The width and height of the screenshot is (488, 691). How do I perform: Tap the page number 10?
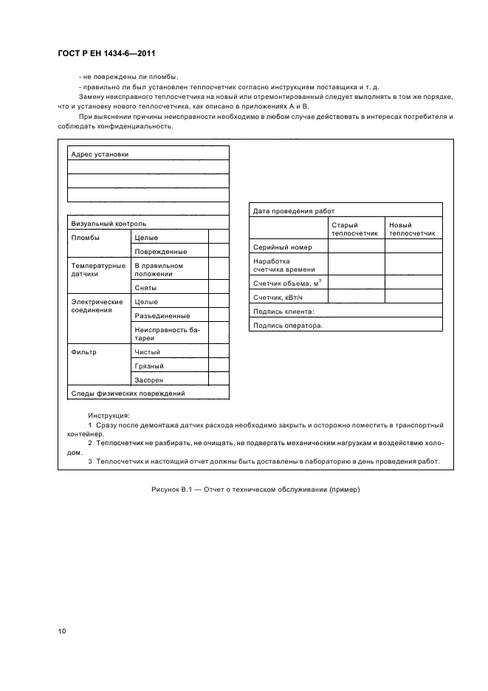tap(63, 631)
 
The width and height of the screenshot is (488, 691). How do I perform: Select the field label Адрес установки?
tap(99, 154)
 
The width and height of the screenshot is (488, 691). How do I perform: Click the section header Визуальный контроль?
tap(108, 223)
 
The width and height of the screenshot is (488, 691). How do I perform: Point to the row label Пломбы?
tap(85, 238)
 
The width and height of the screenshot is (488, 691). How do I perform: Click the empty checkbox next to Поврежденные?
tap(219, 251)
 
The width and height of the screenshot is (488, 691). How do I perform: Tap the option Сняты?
tap(145, 288)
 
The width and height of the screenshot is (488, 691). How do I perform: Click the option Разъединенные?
tap(157, 316)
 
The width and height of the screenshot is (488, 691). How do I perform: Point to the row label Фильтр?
tap(83, 352)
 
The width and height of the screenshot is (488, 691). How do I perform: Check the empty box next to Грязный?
tap(219, 366)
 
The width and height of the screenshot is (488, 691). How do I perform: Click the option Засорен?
tap(148, 380)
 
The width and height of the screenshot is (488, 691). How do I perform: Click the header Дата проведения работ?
tap(294, 210)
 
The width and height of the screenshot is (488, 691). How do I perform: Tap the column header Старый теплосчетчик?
tap(354, 229)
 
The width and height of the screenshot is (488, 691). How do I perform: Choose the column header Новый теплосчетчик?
tap(412, 229)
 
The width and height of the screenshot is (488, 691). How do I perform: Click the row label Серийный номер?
tap(283, 247)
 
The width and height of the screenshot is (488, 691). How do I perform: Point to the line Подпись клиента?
tap(283, 312)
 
